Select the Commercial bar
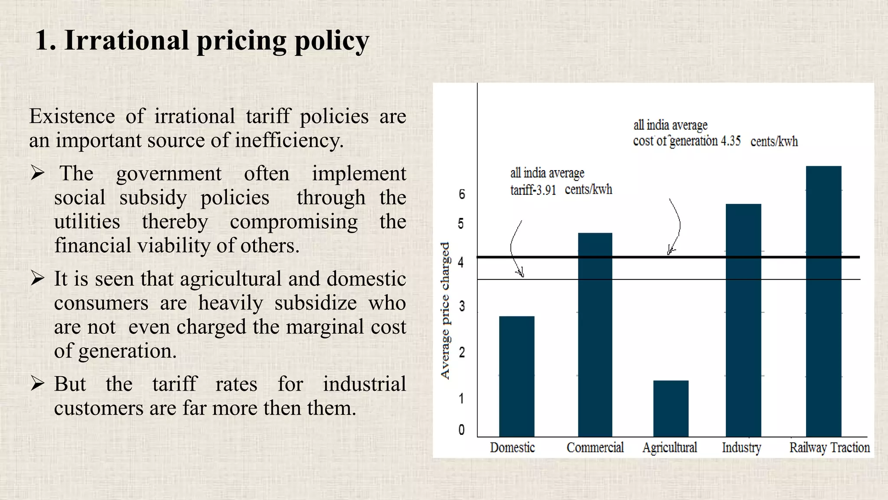coord(595,334)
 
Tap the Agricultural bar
coord(671,408)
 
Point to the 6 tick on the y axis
coord(462,194)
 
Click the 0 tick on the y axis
coord(461,430)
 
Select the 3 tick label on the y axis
coord(462,306)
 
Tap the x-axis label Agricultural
coord(669,447)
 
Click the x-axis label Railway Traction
coord(829,447)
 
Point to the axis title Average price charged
coord(445,310)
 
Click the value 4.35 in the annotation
coord(731,141)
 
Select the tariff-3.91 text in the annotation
coord(533,190)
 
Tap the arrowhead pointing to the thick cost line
coord(670,251)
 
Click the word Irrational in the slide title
coord(127,40)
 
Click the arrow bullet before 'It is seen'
coord(38,278)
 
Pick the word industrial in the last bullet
coord(364,384)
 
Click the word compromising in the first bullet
coord(294,221)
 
